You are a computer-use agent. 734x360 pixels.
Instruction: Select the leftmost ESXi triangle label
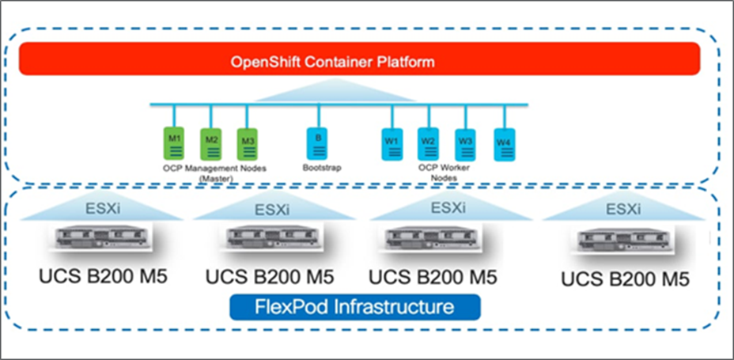[x=108, y=211]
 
